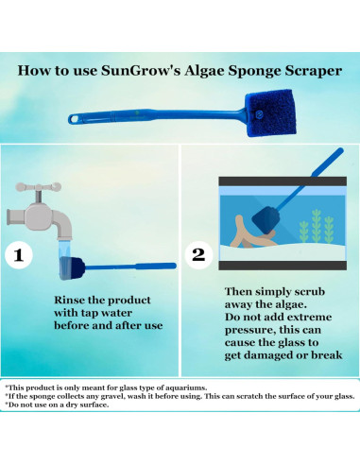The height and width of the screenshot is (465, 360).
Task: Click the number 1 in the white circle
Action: pyautogui.click(x=22, y=255)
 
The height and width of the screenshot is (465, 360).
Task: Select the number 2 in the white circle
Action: pyautogui.click(x=198, y=255)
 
